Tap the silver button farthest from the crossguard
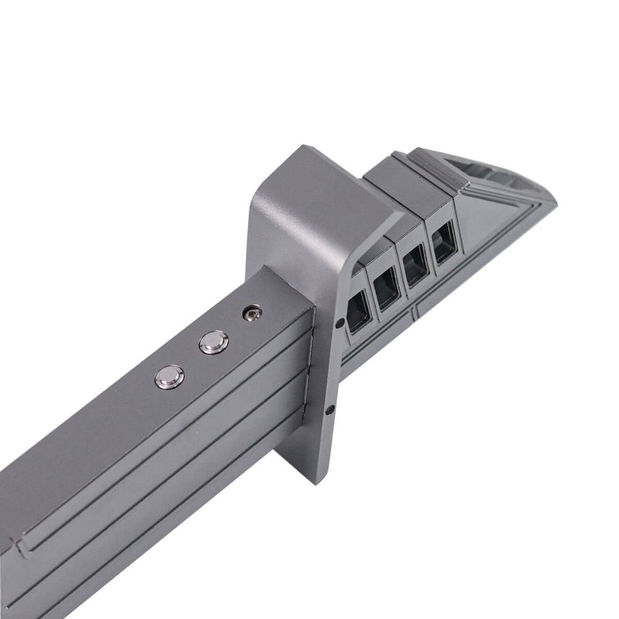[x=169, y=377]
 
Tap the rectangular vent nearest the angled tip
[x=444, y=242]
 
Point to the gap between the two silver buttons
[x=192, y=360]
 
